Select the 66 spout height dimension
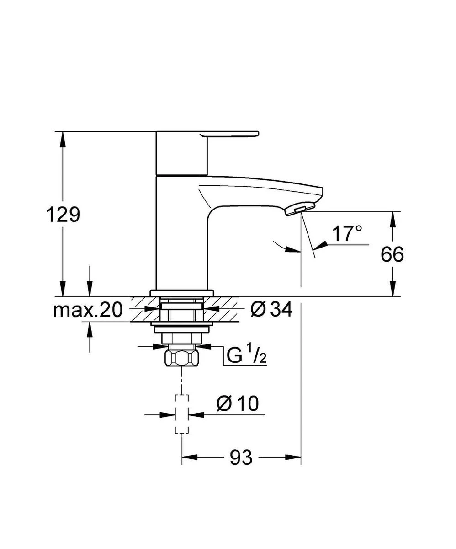pyautogui.click(x=392, y=255)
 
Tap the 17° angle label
pyautogui.click(x=347, y=234)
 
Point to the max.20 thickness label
pyautogui.click(x=88, y=311)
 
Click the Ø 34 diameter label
pyautogui.click(x=271, y=310)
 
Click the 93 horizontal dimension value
pyautogui.click(x=241, y=457)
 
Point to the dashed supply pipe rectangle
pyautogui.click(x=182, y=414)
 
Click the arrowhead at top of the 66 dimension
pyautogui.click(x=392, y=219)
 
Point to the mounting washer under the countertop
pyautogui.click(x=182, y=328)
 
